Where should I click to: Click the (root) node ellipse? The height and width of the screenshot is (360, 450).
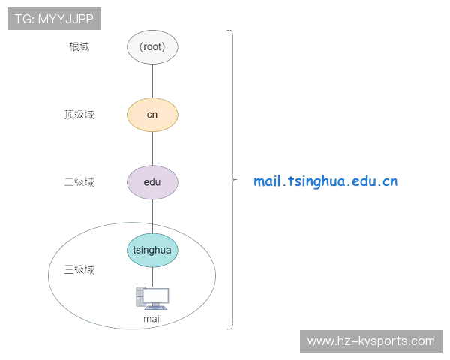click(x=152, y=47)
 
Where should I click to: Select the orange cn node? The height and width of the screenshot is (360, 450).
click(x=152, y=115)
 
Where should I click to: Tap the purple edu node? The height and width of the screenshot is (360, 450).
click(x=152, y=182)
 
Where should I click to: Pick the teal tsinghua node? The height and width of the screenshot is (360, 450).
click(x=152, y=250)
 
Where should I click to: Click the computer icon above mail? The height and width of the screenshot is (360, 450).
click(x=152, y=298)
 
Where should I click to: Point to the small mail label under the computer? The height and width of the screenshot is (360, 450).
click(x=152, y=319)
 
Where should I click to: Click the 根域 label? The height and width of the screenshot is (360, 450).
click(x=79, y=46)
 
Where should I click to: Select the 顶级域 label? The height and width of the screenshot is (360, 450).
click(x=79, y=115)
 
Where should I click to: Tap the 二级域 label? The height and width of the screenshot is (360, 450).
click(x=79, y=182)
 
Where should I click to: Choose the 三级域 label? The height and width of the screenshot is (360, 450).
click(x=79, y=269)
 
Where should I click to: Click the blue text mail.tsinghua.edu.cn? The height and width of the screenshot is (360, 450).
click(x=325, y=181)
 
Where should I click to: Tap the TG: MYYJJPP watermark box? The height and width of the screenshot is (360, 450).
click(x=54, y=19)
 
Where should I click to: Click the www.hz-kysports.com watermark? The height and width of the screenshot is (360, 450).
click(x=371, y=341)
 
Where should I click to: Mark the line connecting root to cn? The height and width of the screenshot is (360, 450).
click(x=152, y=81)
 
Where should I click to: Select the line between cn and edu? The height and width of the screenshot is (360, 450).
click(x=152, y=149)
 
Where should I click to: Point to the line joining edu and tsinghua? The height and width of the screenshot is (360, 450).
click(x=152, y=217)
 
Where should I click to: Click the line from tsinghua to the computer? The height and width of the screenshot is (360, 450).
click(x=152, y=277)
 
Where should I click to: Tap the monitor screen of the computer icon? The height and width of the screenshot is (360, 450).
click(x=155, y=295)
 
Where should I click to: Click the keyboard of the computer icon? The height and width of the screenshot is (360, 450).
click(x=156, y=308)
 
